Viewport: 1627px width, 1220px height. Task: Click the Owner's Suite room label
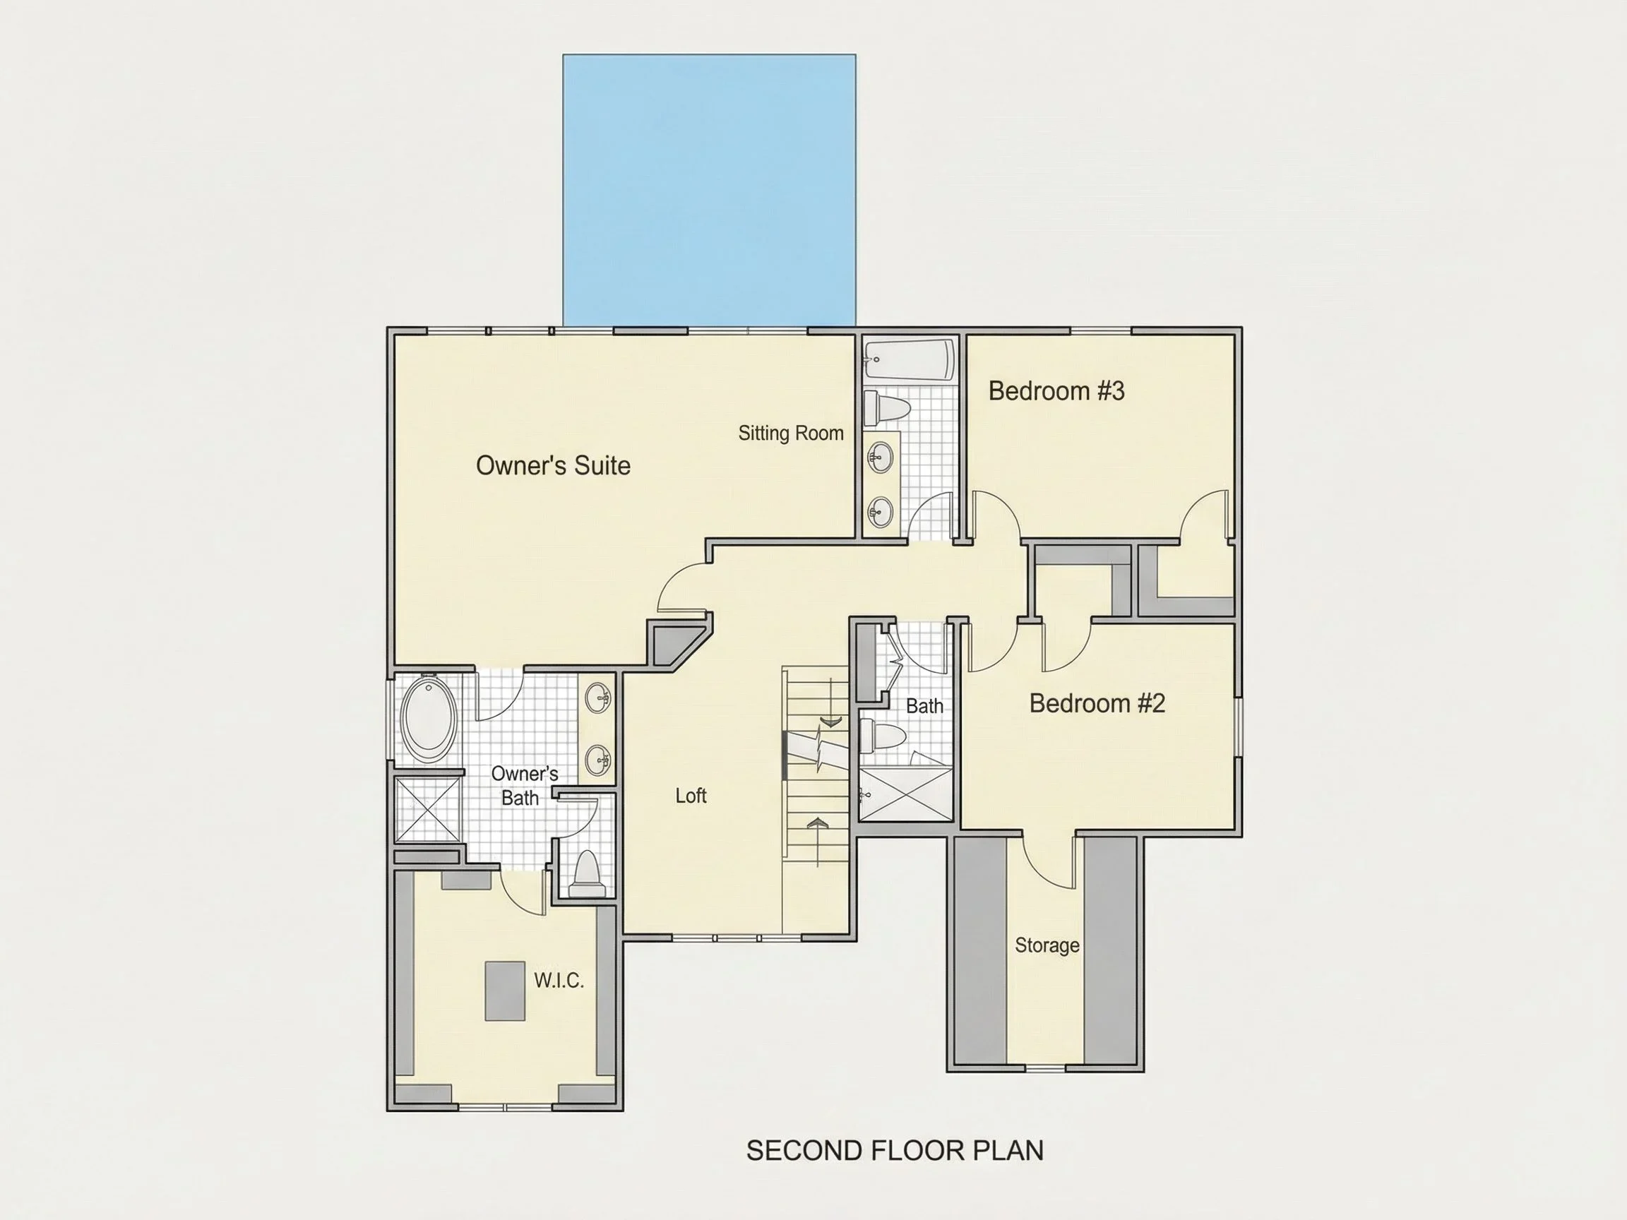click(553, 465)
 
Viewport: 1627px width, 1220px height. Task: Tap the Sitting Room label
click(791, 433)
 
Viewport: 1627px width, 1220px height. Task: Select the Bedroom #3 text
click(1056, 390)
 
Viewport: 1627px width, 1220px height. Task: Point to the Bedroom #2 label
click(1097, 703)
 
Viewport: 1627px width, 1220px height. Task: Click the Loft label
click(691, 796)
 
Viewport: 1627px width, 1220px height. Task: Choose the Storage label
click(1047, 945)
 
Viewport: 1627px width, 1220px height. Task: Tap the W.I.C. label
click(559, 980)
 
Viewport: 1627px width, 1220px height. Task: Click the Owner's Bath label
click(525, 785)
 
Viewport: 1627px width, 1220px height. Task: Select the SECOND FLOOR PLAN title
click(895, 1150)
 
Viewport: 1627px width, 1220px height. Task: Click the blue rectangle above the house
click(709, 190)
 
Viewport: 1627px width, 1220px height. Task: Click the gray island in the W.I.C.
click(505, 991)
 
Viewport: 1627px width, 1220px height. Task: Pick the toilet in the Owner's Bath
click(586, 873)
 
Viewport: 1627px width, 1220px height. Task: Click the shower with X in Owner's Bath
click(427, 809)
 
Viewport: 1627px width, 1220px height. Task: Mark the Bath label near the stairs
click(924, 706)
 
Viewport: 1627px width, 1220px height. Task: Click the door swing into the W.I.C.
click(523, 892)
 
